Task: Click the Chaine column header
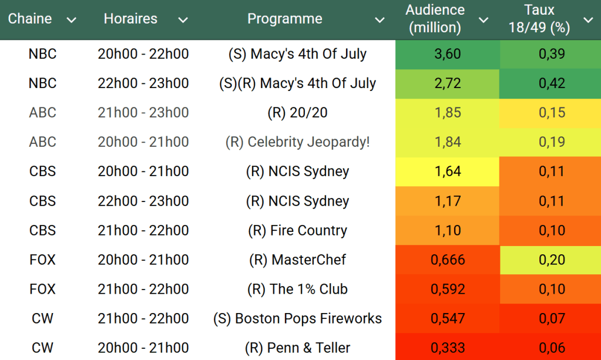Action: tap(30, 19)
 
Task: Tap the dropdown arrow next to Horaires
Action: tap(183, 21)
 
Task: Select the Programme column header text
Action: tap(285, 19)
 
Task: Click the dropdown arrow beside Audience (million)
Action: tap(484, 21)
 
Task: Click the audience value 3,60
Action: tap(447, 54)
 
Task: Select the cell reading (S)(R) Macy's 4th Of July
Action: tap(297, 83)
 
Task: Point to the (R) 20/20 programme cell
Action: tap(297, 113)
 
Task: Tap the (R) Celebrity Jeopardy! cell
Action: tap(297, 142)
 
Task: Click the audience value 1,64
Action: tap(447, 171)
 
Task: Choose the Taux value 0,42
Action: tap(552, 83)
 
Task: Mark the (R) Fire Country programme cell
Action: tap(297, 230)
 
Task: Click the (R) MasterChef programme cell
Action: tap(297, 260)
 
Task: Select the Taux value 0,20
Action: tap(552, 260)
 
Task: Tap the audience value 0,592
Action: tap(447, 289)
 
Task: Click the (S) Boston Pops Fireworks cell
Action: tap(297, 318)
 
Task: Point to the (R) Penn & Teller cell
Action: tap(297, 348)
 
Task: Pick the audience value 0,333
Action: tap(447, 348)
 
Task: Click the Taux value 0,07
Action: tap(552, 318)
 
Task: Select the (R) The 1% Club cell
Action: tap(297, 289)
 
